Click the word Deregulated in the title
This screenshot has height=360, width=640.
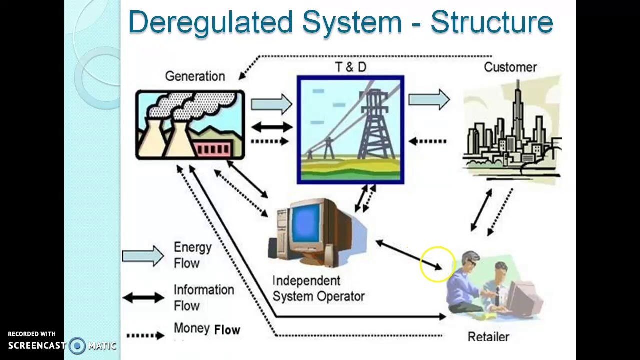(x=210, y=22)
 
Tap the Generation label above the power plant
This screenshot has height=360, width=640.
(x=195, y=76)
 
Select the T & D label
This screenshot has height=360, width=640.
(x=350, y=67)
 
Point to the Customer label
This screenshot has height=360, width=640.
(x=510, y=67)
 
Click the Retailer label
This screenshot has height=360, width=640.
(x=488, y=337)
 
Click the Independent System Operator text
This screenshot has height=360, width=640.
(x=318, y=289)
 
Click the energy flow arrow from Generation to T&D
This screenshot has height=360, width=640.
(x=271, y=104)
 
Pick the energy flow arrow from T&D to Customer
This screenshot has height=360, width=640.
(x=429, y=99)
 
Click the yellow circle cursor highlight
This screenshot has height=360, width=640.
(x=437, y=264)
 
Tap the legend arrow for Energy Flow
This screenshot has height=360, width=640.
(x=143, y=256)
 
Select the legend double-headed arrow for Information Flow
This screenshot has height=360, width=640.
(x=143, y=298)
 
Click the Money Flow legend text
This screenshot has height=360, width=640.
(x=207, y=329)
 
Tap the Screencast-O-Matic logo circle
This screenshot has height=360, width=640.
(x=77, y=345)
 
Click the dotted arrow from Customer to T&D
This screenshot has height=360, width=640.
(x=428, y=141)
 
